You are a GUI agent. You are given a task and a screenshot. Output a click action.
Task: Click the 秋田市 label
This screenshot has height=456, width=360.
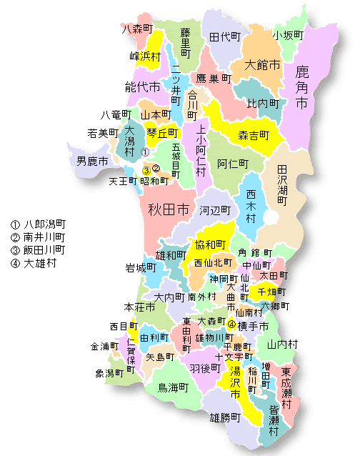168,210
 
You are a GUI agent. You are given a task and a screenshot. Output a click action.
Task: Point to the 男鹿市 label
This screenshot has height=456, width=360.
92,161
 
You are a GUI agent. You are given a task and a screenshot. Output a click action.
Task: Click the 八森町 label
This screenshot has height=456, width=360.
138,29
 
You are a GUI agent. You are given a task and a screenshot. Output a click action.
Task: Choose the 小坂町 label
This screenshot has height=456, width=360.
287,34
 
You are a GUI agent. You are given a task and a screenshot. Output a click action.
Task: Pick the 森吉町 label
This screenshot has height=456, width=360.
253,134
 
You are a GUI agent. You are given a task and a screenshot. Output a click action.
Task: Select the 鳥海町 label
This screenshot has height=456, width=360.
173,387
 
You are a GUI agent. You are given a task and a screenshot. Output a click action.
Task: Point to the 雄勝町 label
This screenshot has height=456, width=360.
224,416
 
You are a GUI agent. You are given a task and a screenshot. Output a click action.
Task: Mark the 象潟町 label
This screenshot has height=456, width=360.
109,373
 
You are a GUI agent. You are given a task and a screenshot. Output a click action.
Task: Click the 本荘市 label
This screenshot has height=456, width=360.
139,307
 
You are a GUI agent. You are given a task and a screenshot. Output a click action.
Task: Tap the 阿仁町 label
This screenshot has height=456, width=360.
233,163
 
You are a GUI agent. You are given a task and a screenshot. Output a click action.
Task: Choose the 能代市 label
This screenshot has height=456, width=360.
140,87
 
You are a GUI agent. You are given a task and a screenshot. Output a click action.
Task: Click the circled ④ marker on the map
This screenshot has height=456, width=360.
231,324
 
